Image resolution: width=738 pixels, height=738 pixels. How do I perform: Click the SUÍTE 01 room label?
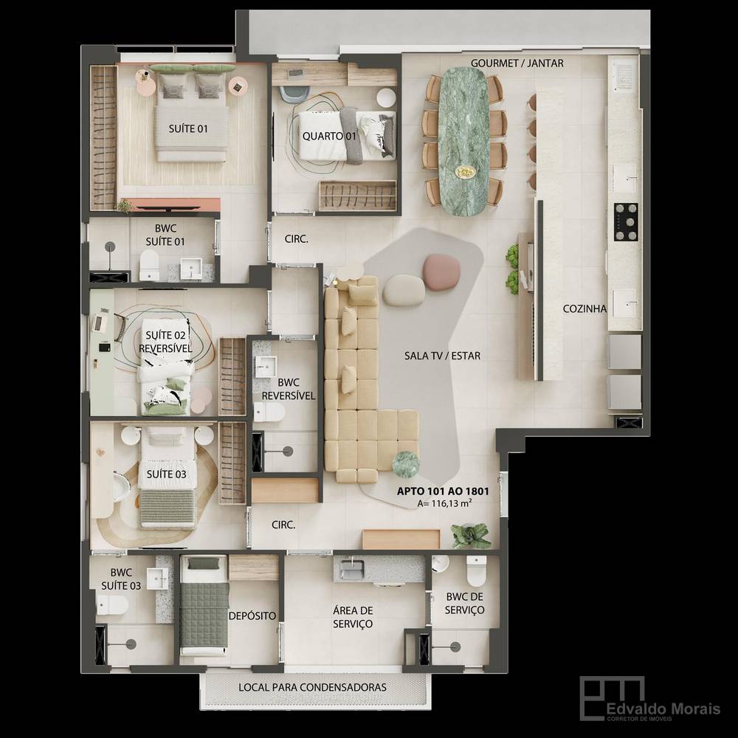point(188,128)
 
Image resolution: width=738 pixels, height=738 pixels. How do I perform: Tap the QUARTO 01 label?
point(329,137)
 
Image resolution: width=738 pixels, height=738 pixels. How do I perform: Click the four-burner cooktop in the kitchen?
point(626,222)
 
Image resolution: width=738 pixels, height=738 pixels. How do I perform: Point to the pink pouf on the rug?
point(441,272)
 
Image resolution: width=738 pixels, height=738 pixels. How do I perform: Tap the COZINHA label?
point(584,308)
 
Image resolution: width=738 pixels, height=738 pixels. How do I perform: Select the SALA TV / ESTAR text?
point(442,356)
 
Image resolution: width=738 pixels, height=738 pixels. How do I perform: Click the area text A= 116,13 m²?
point(445,503)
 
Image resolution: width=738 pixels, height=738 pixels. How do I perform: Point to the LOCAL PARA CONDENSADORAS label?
point(312,687)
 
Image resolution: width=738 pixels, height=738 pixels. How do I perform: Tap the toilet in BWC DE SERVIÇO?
point(476,571)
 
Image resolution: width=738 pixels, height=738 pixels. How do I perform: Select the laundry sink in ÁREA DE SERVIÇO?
point(353,569)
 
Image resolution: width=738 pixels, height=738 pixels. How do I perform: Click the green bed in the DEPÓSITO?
point(204,605)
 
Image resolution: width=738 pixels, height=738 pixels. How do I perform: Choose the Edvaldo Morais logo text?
point(663,708)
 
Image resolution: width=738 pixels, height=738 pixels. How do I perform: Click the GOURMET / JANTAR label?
point(517,63)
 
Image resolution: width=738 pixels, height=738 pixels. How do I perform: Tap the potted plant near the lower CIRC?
point(469,536)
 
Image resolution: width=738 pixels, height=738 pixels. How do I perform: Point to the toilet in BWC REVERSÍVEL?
point(269,413)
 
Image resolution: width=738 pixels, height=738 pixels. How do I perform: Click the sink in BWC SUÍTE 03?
point(157,579)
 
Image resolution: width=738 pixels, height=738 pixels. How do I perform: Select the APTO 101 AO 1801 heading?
point(443,492)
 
